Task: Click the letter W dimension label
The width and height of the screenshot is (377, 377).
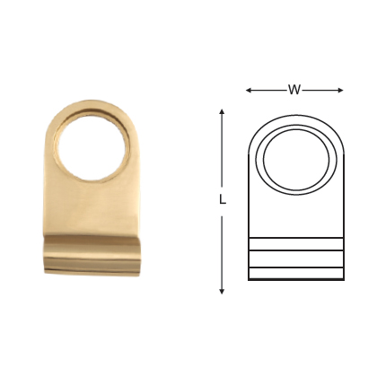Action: (x=294, y=90)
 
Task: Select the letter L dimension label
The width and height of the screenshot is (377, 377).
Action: (x=222, y=200)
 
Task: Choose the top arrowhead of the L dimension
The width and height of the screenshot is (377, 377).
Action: (x=222, y=111)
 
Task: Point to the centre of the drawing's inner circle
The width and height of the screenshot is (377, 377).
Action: (x=295, y=161)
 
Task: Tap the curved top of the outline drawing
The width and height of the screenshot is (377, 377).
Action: (x=295, y=116)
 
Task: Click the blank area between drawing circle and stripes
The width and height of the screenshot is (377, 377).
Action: (x=295, y=215)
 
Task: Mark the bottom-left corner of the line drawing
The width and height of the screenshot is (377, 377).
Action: (x=249, y=280)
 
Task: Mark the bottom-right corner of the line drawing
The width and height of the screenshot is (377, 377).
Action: (x=344, y=280)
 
